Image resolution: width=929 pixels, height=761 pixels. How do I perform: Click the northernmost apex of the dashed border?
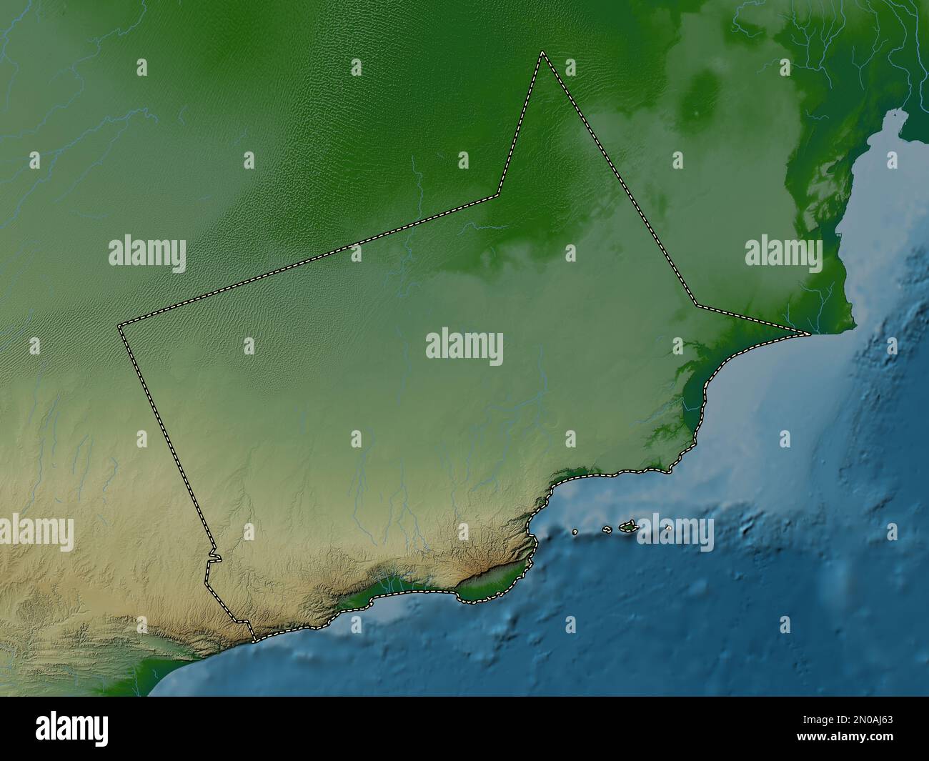coord(542,52)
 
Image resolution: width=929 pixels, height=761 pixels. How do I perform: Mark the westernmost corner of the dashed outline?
coord(119,326)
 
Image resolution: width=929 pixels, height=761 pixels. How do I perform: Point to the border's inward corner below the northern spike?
coord(498,194)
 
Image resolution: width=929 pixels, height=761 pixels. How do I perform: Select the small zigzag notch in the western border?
coord(214,557)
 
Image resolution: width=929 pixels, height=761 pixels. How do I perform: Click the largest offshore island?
coord(628,527)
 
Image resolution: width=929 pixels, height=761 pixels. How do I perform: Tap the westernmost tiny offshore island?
coord(576,532)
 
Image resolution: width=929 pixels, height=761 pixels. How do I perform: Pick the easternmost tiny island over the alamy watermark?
coord(668,528)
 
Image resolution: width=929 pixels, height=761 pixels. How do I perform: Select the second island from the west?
coord(607,529)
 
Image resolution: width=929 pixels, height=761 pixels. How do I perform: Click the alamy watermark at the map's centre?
coord(464,347)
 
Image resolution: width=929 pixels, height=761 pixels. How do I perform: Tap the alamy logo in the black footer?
coord(72,728)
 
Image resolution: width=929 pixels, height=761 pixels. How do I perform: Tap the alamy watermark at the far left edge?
coord(36,533)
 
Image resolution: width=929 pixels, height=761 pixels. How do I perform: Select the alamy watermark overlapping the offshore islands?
coord(675,533)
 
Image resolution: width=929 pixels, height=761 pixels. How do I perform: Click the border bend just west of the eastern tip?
coord(697,305)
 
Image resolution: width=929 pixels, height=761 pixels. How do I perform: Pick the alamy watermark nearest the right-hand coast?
coord(783,253)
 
